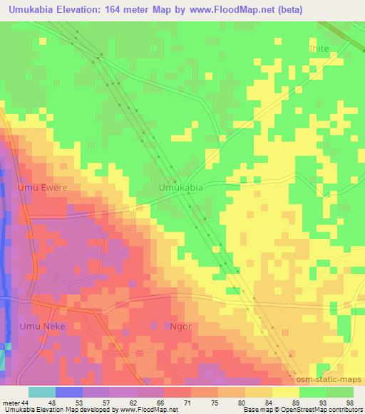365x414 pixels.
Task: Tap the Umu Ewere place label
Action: point(42,188)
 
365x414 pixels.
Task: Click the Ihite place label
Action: point(319,48)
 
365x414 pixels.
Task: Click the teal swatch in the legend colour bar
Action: point(42,392)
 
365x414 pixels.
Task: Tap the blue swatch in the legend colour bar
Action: point(69,392)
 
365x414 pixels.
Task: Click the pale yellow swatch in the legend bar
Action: point(286,392)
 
